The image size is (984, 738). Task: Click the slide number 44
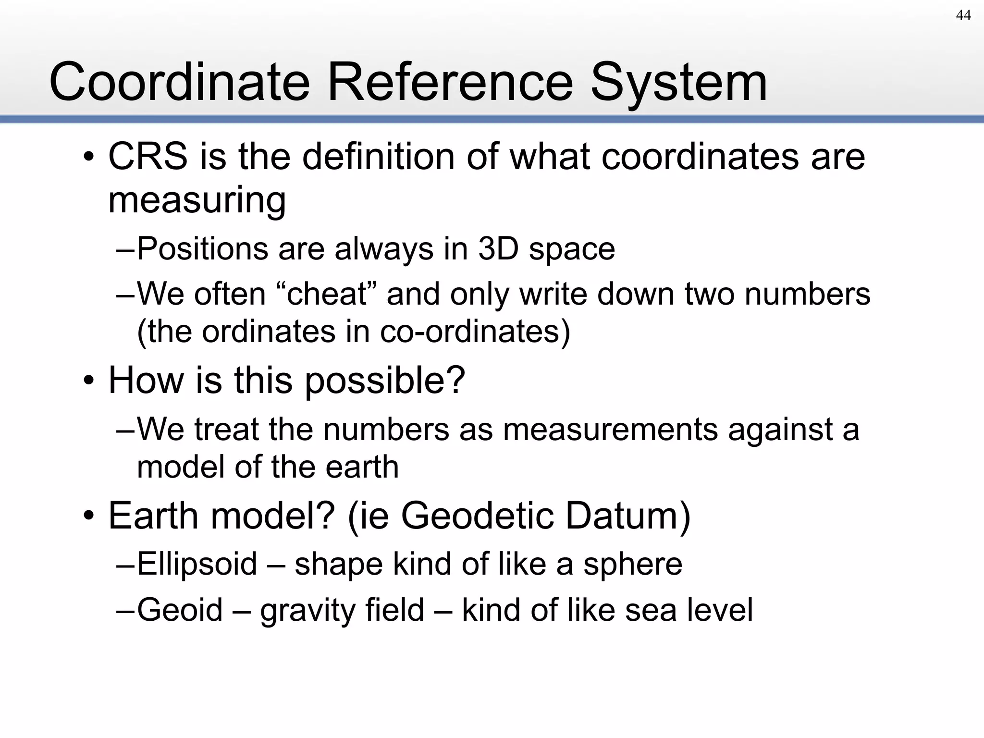click(963, 16)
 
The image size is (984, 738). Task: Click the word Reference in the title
click(450, 82)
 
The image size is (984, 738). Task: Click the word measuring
click(197, 200)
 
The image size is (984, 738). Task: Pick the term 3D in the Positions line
click(498, 249)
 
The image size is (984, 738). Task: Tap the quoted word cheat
click(327, 294)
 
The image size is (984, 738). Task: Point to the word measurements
click(610, 429)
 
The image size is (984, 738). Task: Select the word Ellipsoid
click(197, 564)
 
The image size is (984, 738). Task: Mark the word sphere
click(632, 564)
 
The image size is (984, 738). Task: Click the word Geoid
click(180, 610)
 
